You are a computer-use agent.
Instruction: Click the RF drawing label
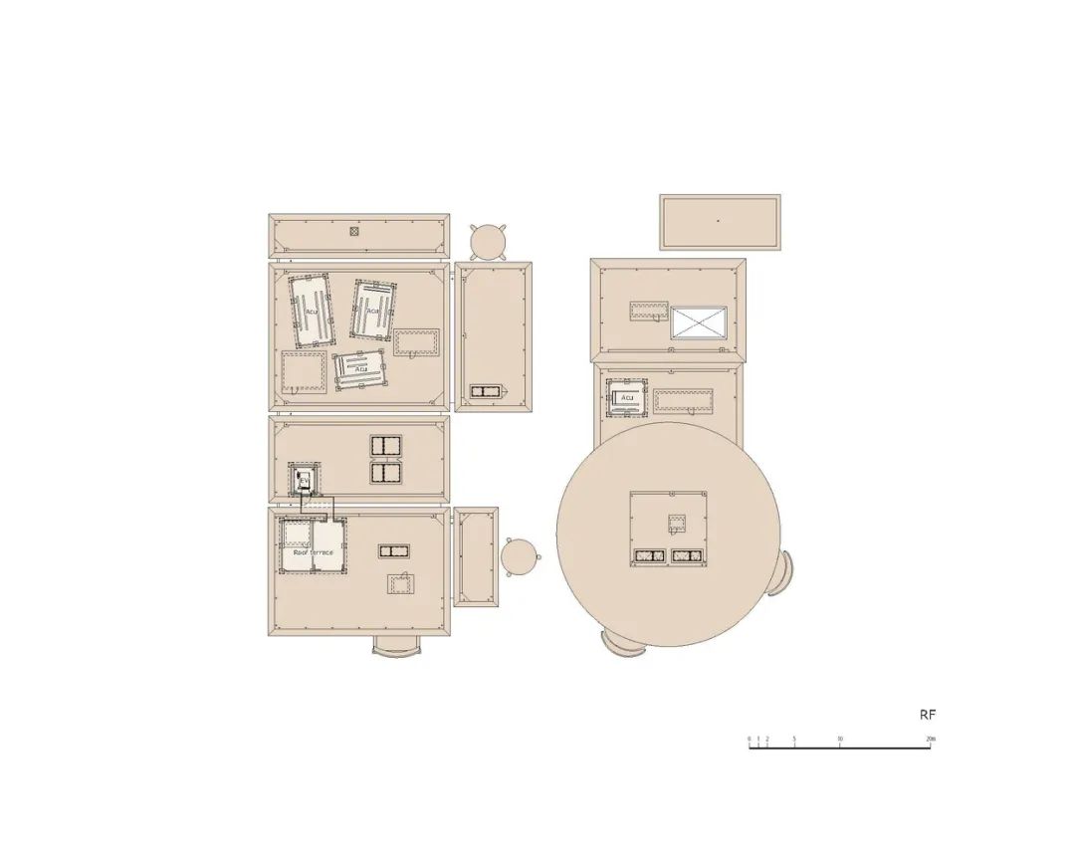point(927,715)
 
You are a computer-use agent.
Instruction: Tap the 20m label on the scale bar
point(930,739)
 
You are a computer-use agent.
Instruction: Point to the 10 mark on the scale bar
point(840,739)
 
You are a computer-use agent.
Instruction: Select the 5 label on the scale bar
point(794,739)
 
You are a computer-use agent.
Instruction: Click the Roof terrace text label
point(314,551)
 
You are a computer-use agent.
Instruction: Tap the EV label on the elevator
point(304,481)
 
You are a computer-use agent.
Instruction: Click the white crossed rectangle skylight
point(698,322)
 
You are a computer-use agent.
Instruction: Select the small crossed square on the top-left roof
point(353,232)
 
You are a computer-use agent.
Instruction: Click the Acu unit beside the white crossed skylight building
point(627,398)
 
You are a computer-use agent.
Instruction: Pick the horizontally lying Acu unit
point(360,368)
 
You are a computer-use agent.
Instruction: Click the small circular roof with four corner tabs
point(489,241)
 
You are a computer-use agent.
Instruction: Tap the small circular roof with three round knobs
point(519,556)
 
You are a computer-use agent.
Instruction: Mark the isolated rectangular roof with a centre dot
point(720,222)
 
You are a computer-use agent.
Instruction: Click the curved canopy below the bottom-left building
point(396,646)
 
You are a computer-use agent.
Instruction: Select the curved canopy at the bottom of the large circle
point(623,645)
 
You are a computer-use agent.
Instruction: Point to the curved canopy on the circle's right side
point(780,574)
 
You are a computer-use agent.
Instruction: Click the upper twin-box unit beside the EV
point(385,445)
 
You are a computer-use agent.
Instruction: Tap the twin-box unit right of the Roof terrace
point(394,550)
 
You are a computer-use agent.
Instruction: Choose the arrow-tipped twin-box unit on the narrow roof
point(488,391)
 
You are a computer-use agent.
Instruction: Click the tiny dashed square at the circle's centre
point(677,523)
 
